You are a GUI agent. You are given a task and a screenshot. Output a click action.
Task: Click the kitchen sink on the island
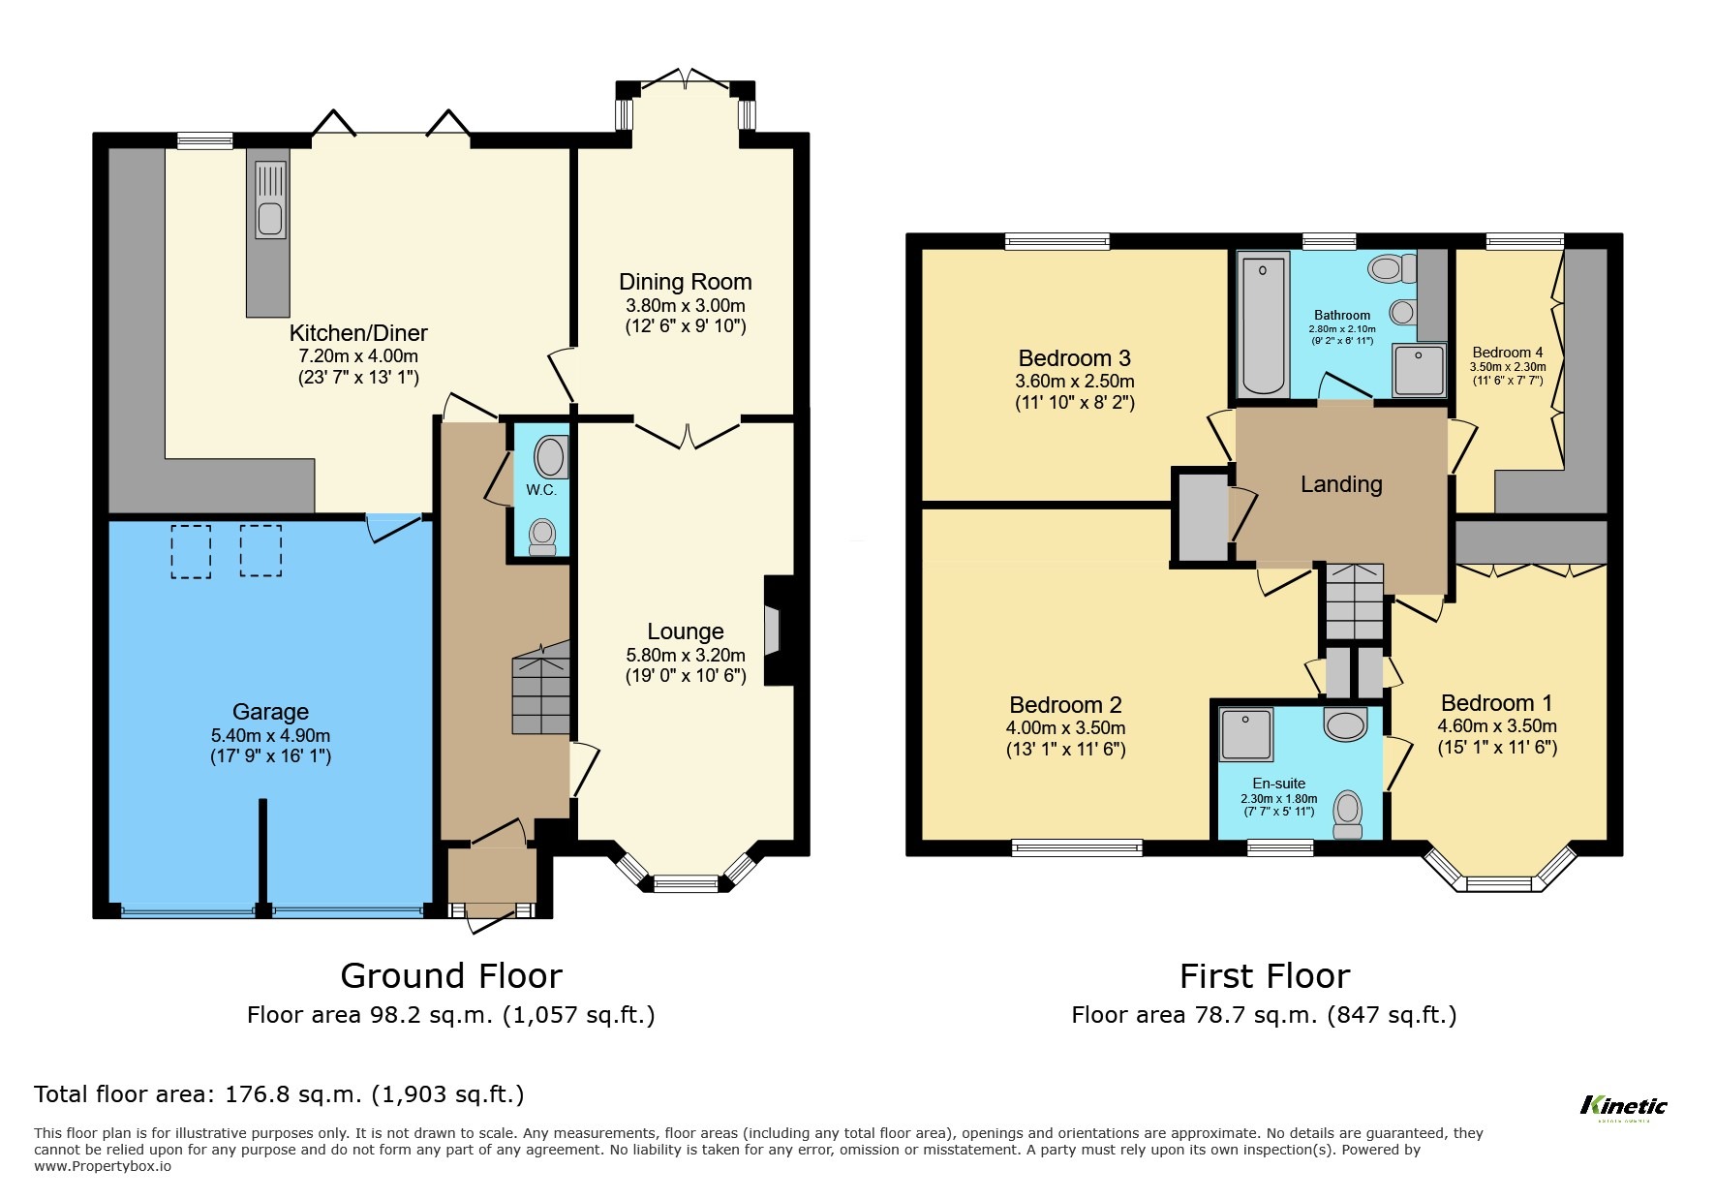tap(270, 200)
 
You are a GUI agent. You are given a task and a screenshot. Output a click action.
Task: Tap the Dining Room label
tap(685, 282)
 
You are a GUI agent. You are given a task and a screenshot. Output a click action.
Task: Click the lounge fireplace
tap(774, 631)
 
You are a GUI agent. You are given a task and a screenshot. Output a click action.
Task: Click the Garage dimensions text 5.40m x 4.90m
tap(270, 735)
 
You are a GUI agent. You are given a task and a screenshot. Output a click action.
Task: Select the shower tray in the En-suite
tap(1246, 734)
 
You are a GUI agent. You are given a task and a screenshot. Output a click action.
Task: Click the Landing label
tap(1340, 484)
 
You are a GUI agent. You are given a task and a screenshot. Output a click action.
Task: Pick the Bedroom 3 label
tap(1074, 358)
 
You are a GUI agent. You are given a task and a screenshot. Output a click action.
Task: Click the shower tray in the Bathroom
tap(1419, 370)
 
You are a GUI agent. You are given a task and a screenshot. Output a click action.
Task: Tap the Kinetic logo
tap(1623, 1106)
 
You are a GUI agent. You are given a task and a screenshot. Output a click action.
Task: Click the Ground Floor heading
tap(450, 975)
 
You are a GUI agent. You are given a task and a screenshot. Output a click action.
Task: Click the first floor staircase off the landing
tap(1353, 602)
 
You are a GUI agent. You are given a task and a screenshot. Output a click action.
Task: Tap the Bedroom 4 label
tap(1507, 353)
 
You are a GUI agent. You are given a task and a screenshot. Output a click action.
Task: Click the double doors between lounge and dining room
tap(688, 434)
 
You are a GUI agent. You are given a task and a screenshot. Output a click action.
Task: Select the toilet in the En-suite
tap(1347, 815)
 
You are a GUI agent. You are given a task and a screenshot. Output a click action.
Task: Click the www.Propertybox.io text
tap(103, 1166)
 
